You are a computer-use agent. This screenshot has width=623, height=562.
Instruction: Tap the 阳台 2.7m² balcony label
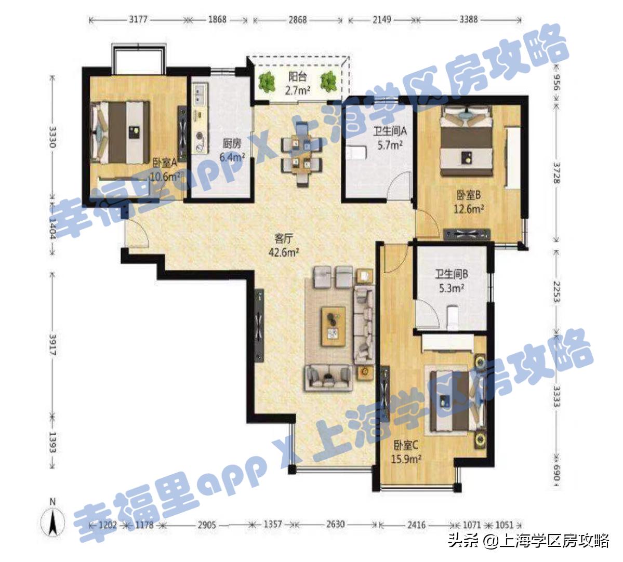pyautogui.click(x=297, y=84)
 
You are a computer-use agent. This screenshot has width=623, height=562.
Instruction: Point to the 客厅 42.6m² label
pyautogui.click(x=285, y=246)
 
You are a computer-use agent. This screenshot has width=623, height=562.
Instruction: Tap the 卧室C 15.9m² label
pyautogui.click(x=406, y=451)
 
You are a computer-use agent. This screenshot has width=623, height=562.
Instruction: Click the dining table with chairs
pyautogui.click(x=301, y=153)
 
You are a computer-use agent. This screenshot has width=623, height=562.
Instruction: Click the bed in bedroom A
pyautogui.click(x=120, y=131)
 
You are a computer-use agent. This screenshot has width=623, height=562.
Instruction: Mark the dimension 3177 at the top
pyautogui.click(x=138, y=19)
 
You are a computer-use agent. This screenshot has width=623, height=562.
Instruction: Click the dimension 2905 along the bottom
pyautogui.click(x=207, y=525)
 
